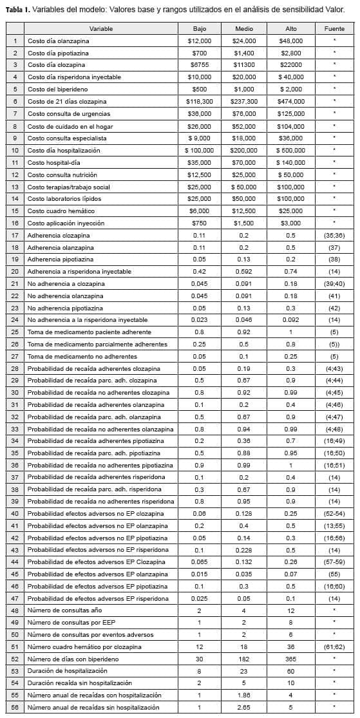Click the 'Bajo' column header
(x=200, y=29)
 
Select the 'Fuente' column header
(x=334, y=29)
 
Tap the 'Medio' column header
(x=244, y=29)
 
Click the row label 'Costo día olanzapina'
(x=58, y=41)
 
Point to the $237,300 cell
(x=244, y=102)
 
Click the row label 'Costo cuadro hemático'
(x=60, y=211)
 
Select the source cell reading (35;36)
(x=334, y=236)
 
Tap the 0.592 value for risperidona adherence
(x=244, y=272)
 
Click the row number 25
(x=15, y=332)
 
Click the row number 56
(x=15, y=708)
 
